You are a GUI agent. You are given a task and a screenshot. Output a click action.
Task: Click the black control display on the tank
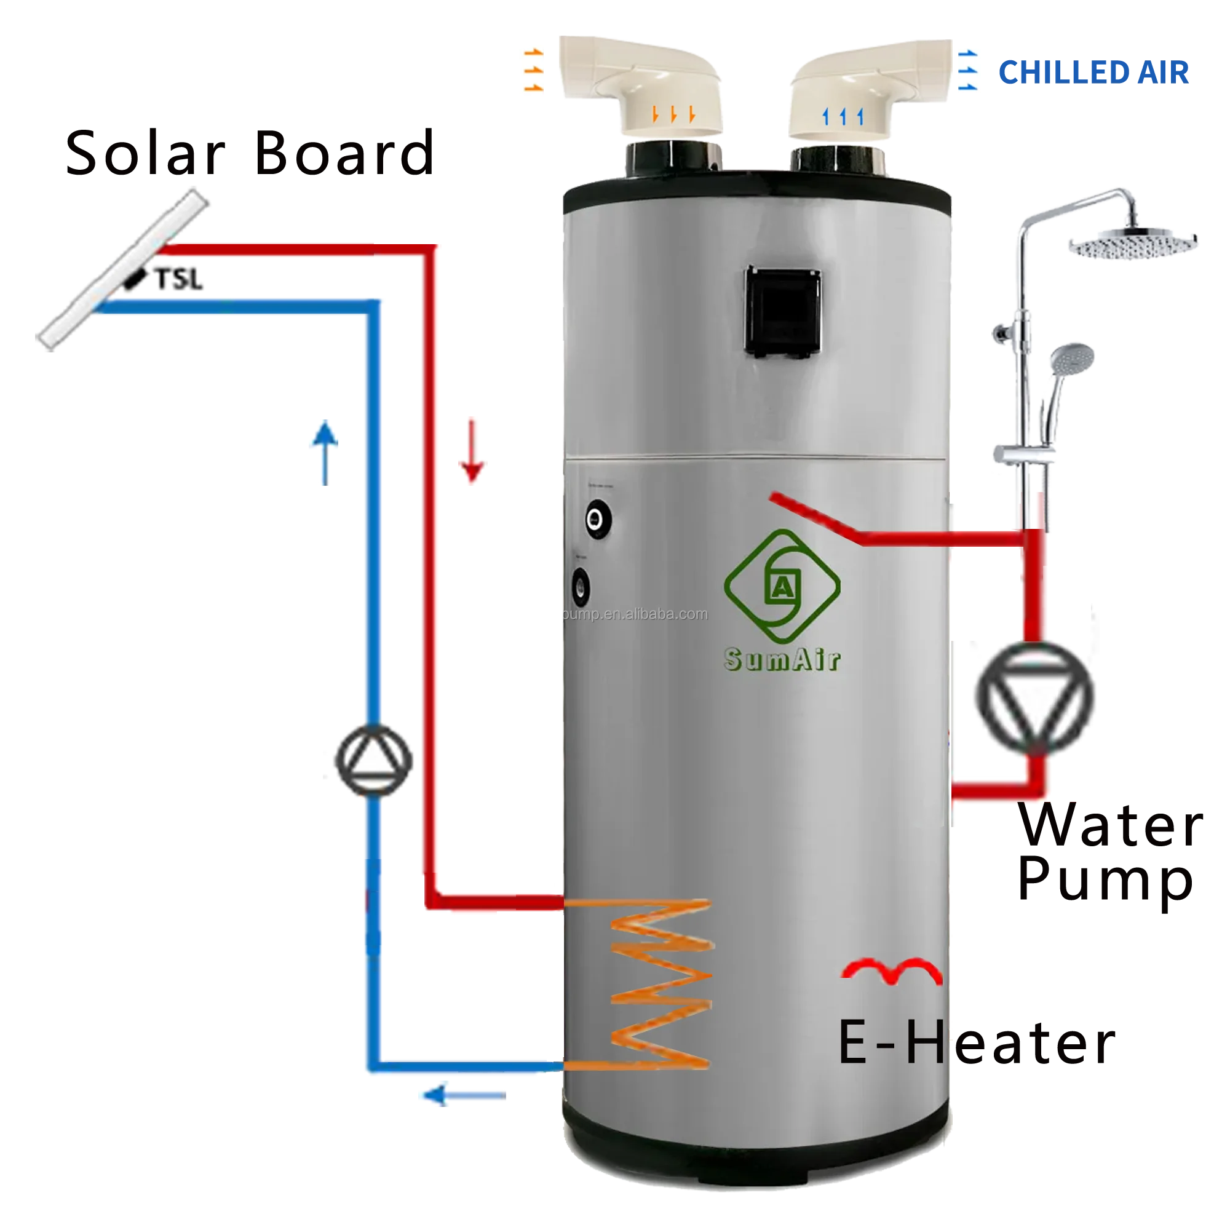click(x=782, y=314)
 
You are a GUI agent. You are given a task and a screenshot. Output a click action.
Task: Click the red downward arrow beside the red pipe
click(x=472, y=450)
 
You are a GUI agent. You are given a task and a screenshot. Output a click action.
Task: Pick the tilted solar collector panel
click(x=122, y=266)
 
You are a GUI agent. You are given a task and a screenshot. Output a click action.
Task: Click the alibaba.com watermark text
click(x=637, y=614)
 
